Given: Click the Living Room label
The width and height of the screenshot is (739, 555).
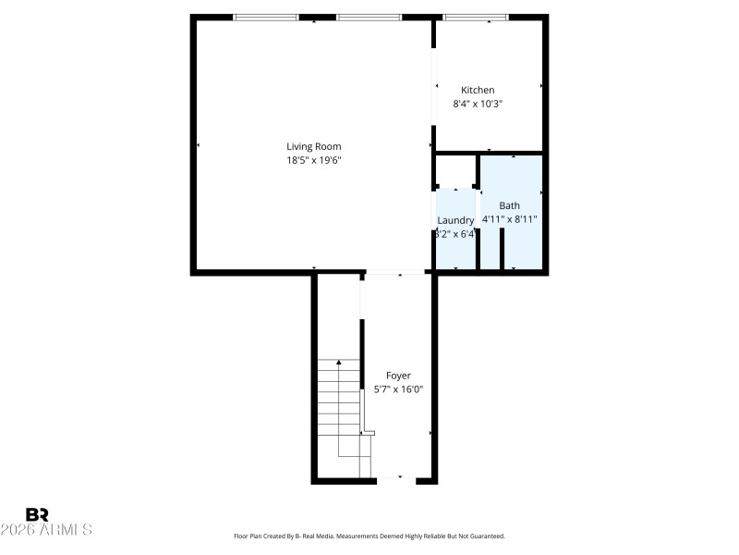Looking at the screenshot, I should click(x=313, y=146).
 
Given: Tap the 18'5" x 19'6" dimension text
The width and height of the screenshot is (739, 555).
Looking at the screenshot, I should click(x=313, y=160).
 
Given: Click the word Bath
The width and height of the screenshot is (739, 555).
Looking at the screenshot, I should click(x=509, y=205).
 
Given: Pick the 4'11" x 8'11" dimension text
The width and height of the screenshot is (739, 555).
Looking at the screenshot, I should click(x=509, y=219).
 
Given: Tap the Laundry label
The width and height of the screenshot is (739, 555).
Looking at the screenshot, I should click(x=454, y=220).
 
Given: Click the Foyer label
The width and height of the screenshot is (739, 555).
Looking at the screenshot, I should click(x=398, y=376).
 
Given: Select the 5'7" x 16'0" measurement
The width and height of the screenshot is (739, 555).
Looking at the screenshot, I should click(x=398, y=389).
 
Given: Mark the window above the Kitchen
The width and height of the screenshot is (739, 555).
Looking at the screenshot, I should click(x=476, y=17).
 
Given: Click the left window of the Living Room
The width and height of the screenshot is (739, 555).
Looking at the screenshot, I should click(x=265, y=17).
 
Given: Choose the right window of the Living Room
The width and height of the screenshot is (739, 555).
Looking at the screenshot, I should click(x=369, y=17).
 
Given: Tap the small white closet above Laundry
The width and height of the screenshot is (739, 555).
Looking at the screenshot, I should click(x=454, y=170).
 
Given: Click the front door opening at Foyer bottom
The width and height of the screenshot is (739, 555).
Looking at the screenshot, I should click(x=400, y=480).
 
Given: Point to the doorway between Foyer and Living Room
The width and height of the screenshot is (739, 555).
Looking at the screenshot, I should click(x=395, y=272).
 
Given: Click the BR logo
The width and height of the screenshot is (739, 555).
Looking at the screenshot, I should click(x=37, y=514).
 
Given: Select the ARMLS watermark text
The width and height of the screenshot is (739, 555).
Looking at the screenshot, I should click(x=46, y=530).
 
